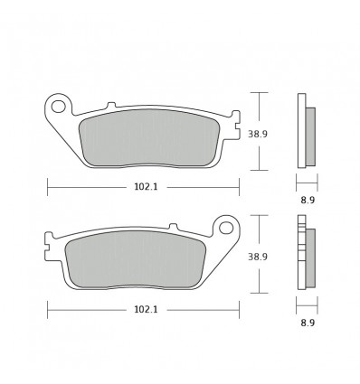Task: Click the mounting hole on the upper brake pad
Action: pyautogui.click(x=61, y=107)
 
